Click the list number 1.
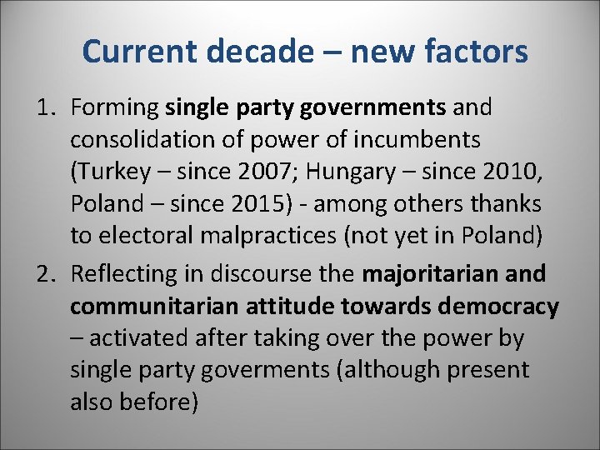pos(47,107)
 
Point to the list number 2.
pos(47,273)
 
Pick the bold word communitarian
pos(150,307)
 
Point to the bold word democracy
pos(502,307)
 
